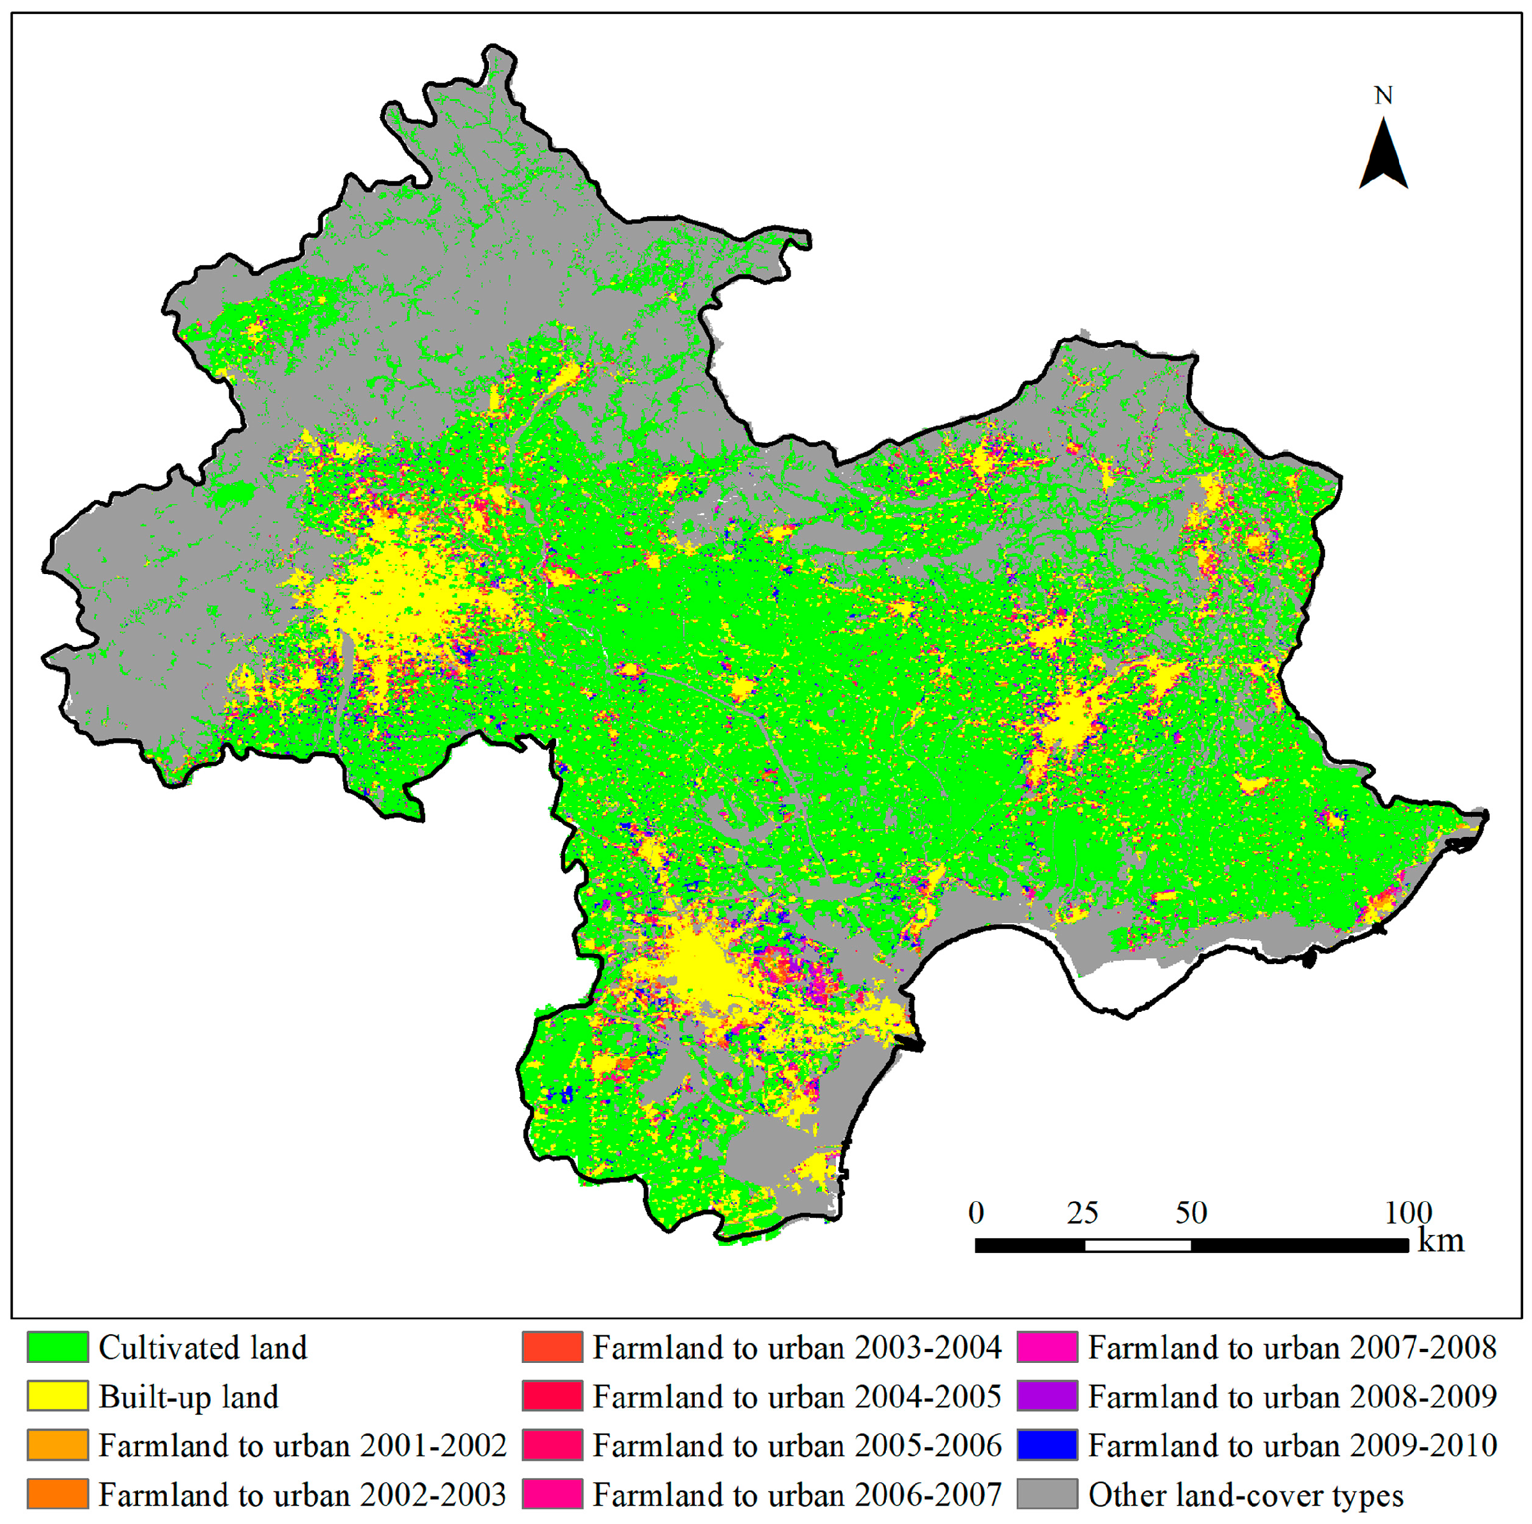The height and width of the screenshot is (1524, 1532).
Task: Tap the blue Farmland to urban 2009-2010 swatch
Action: click(x=1047, y=1445)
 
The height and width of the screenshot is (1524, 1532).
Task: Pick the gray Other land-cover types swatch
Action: click(x=1047, y=1494)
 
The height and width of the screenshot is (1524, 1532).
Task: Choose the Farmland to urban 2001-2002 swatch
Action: click(x=57, y=1445)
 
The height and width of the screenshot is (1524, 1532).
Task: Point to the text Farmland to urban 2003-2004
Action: click(x=796, y=1348)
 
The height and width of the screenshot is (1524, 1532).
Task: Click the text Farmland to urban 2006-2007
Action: click(x=796, y=1495)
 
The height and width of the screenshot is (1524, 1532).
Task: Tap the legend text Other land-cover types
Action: click(x=1245, y=1495)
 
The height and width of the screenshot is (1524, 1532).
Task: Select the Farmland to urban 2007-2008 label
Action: click(x=1292, y=1348)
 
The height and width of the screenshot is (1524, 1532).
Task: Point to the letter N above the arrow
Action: click(x=1383, y=96)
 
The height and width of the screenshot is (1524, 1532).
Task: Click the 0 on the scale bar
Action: click(x=976, y=1213)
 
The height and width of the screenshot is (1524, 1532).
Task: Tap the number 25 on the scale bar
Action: click(x=1083, y=1213)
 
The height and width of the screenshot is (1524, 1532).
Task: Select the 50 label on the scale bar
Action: click(x=1191, y=1213)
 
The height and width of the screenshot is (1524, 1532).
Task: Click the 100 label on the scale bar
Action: click(x=1407, y=1213)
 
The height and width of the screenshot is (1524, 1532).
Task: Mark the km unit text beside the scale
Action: click(x=1440, y=1241)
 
